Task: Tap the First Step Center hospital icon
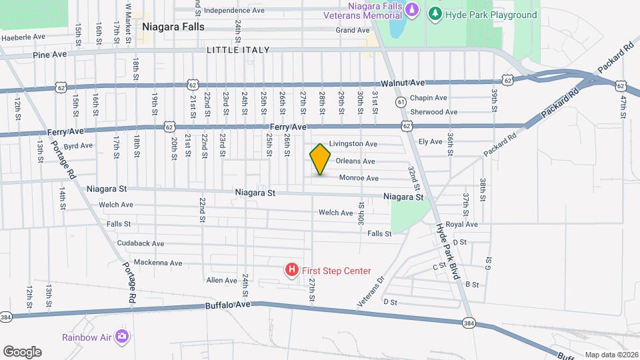pyautogui.click(x=291, y=270)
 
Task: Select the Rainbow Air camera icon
pyautogui.click(x=122, y=336)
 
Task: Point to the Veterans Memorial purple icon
pyautogui.click(x=412, y=10)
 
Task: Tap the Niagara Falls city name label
pyautogui.click(x=173, y=27)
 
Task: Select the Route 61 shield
pyautogui.click(x=401, y=102)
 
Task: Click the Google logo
pyautogui.click(x=22, y=351)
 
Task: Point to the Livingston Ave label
pyautogui.click(x=353, y=143)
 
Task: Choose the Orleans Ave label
pyautogui.click(x=355, y=161)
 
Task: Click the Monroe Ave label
pyautogui.click(x=359, y=178)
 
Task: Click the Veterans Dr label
pyautogui.click(x=371, y=292)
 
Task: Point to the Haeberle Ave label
pyautogui.click(x=23, y=37)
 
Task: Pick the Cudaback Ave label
pyautogui.click(x=141, y=244)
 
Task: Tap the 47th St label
pyautogui.click(x=624, y=107)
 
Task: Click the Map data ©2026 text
pyautogui.click(x=611, y=355)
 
